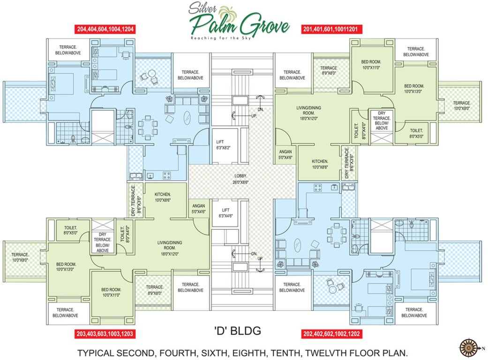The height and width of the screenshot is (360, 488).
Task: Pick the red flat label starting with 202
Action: [330, 335]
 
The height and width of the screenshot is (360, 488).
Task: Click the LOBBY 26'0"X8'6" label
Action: [240, 179]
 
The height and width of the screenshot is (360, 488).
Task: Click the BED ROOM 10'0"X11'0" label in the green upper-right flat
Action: [371, 65]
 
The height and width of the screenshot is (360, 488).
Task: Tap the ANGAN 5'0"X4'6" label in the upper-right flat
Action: [285, 155]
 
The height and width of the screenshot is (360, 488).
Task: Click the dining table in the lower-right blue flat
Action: [335, 232]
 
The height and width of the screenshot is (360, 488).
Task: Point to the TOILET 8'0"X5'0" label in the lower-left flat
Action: [66, 230]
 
